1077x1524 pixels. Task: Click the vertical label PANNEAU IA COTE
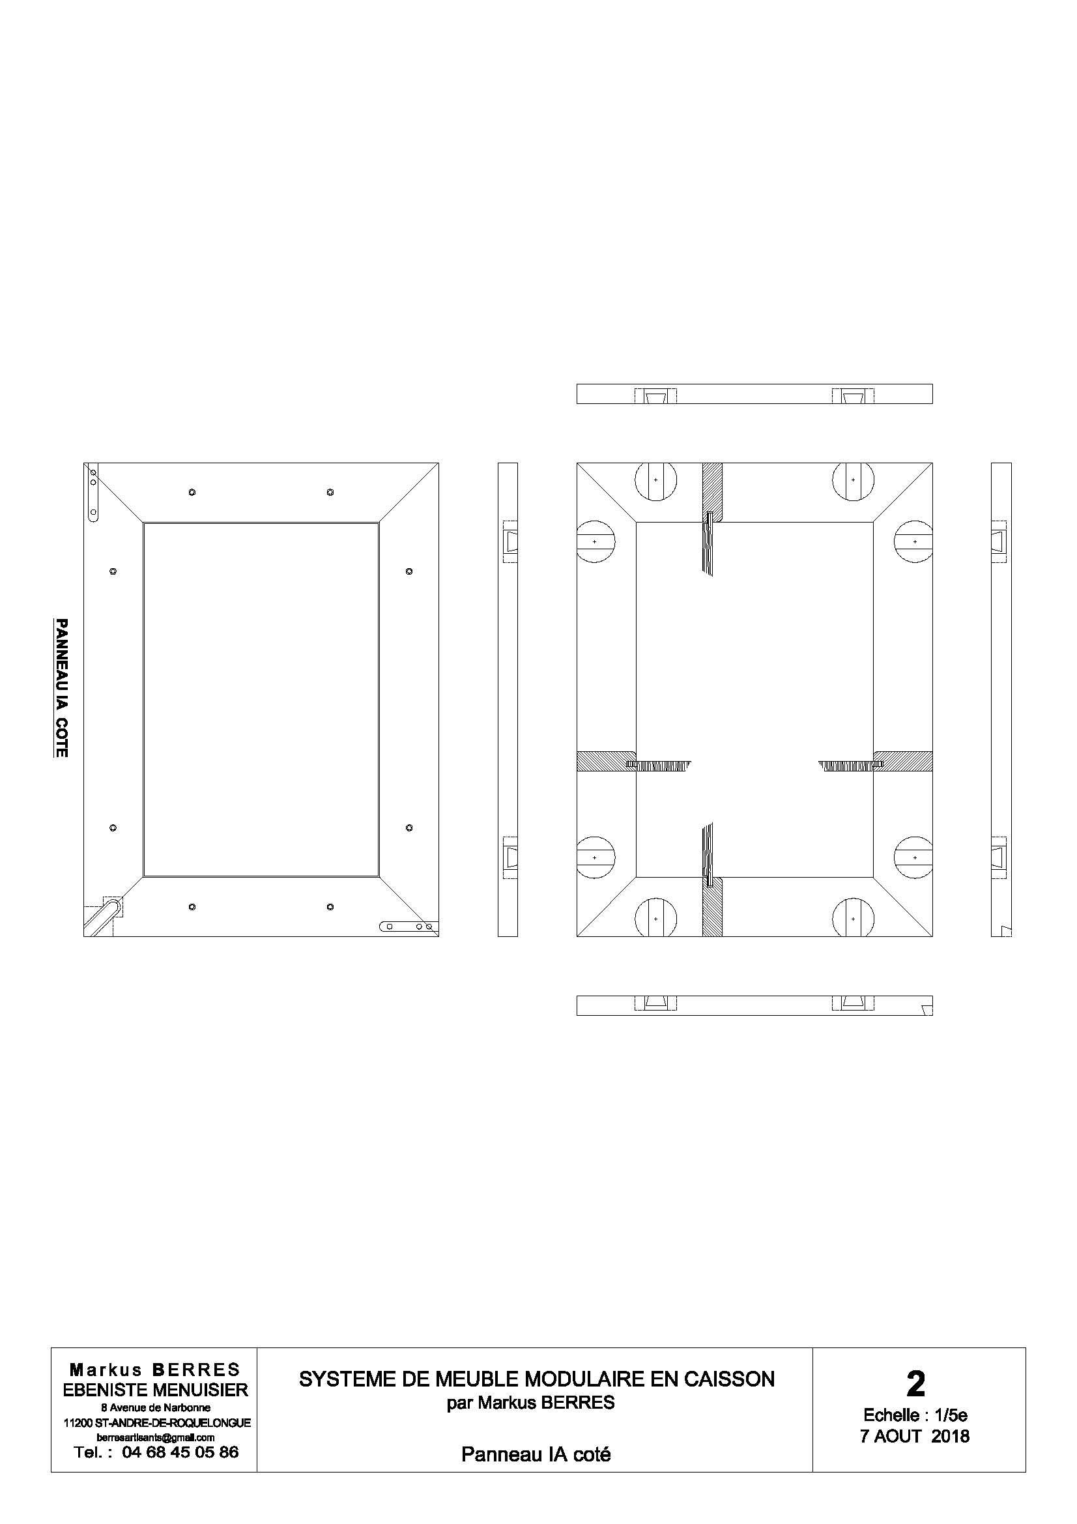pos(61,687)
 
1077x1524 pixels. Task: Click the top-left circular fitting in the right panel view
pos(655,480)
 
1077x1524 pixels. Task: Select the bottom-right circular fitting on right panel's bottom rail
pos(853,919)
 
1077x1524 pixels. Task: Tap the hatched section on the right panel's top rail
pos(712,491)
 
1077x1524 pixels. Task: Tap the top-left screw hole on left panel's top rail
pos(192,492)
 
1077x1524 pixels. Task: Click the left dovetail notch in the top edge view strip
pos(655,396)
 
